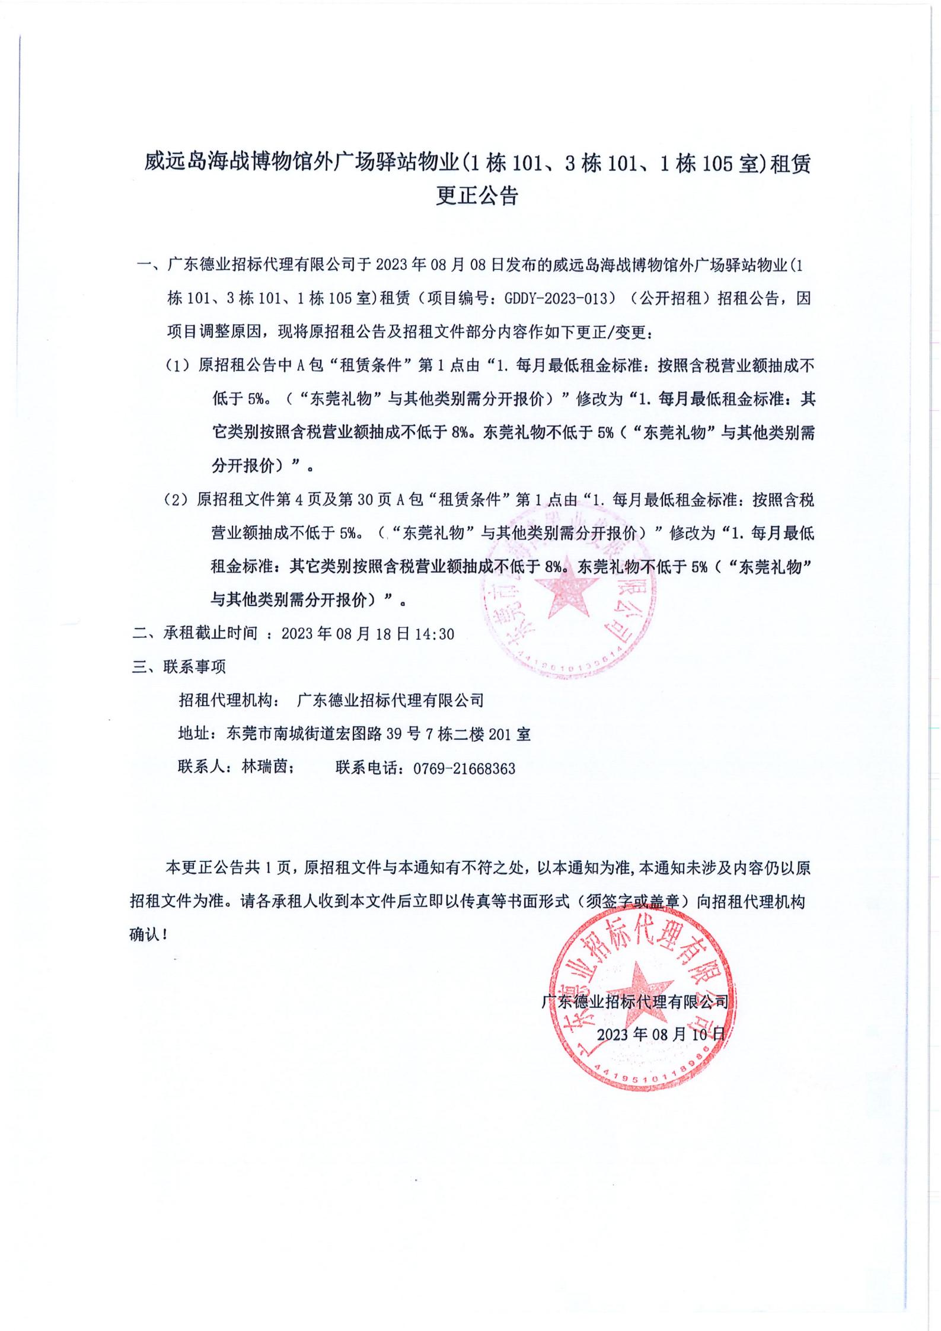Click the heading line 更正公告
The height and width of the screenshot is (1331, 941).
coord(477,196)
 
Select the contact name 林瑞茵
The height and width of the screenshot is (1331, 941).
coord(264,767)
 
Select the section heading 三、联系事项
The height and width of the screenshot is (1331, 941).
coord(178,667)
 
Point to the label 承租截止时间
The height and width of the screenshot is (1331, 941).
coord(211,634)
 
